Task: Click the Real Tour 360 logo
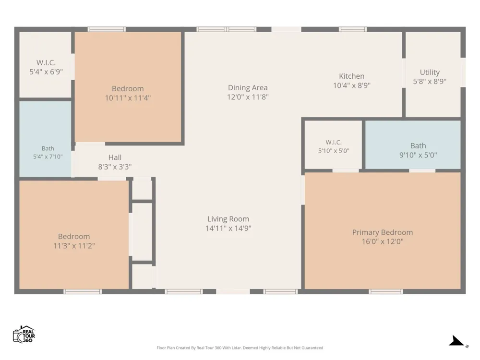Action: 24,334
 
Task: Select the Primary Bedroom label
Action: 383,232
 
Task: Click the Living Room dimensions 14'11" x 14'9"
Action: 228,228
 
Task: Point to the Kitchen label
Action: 351,76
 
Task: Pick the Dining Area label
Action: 248,87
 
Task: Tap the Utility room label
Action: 430,72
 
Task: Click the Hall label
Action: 115,157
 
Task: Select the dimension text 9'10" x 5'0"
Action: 418,155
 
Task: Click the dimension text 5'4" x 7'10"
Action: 48,156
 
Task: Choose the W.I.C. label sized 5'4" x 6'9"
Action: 46,63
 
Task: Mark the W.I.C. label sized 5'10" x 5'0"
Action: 334,143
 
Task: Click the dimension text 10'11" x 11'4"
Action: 128,98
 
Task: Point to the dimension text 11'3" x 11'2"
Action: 74,246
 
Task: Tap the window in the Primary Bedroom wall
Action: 386,291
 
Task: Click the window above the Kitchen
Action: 353,29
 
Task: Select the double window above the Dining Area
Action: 227,29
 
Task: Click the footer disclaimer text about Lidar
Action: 240,348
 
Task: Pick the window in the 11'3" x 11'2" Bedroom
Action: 83,291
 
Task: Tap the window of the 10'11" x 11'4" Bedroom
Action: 107,29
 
